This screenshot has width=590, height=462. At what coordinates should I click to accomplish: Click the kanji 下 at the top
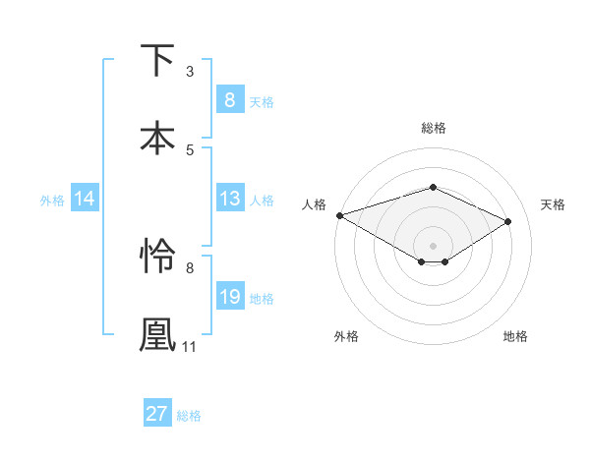pos(157,61)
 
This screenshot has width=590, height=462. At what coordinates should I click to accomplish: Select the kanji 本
pos(157,138)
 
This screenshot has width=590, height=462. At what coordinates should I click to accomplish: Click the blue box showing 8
pos(229,99)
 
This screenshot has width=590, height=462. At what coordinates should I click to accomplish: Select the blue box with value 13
pos(229,200)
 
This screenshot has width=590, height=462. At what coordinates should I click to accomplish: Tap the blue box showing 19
pos(229,297)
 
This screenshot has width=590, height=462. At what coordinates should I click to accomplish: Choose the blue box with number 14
pos(85,200)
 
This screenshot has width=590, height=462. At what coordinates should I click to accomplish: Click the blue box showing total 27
pos(156,414)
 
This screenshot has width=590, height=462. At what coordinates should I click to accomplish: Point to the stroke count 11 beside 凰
pos(190,346)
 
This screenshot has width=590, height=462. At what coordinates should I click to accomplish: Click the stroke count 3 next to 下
pos(190,72)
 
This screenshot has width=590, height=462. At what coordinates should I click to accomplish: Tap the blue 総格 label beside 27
pos(189,416)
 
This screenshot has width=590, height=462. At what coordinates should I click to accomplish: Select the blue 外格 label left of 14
pos(52,201)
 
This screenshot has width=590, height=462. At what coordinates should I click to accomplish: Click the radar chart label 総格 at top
pos(433,129)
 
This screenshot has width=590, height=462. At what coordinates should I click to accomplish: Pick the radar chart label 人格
pos(314,204)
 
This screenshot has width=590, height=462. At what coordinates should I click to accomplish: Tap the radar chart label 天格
pos(553,204)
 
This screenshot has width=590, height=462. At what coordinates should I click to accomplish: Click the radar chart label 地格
pos(515,336)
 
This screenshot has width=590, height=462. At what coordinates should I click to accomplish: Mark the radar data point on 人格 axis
pos(339,214)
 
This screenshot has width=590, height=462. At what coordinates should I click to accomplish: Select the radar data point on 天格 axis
pos(508,221)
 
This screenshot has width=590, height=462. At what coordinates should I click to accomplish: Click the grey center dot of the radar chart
pos(433,245)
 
